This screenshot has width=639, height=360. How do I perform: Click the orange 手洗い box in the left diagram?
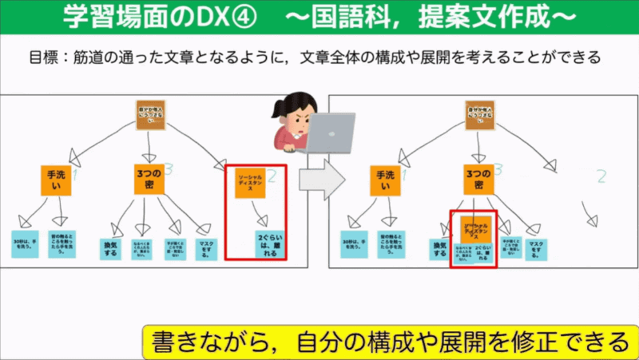[56, 180]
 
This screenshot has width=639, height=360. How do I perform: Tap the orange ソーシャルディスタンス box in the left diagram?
[250, 184]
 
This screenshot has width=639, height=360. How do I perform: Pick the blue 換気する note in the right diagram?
[439, 248]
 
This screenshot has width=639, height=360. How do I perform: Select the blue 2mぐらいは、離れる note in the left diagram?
[268, 244]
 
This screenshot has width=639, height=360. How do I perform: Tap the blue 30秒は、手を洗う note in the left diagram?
[25, 243]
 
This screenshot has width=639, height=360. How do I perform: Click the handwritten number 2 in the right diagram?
[601, 177]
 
